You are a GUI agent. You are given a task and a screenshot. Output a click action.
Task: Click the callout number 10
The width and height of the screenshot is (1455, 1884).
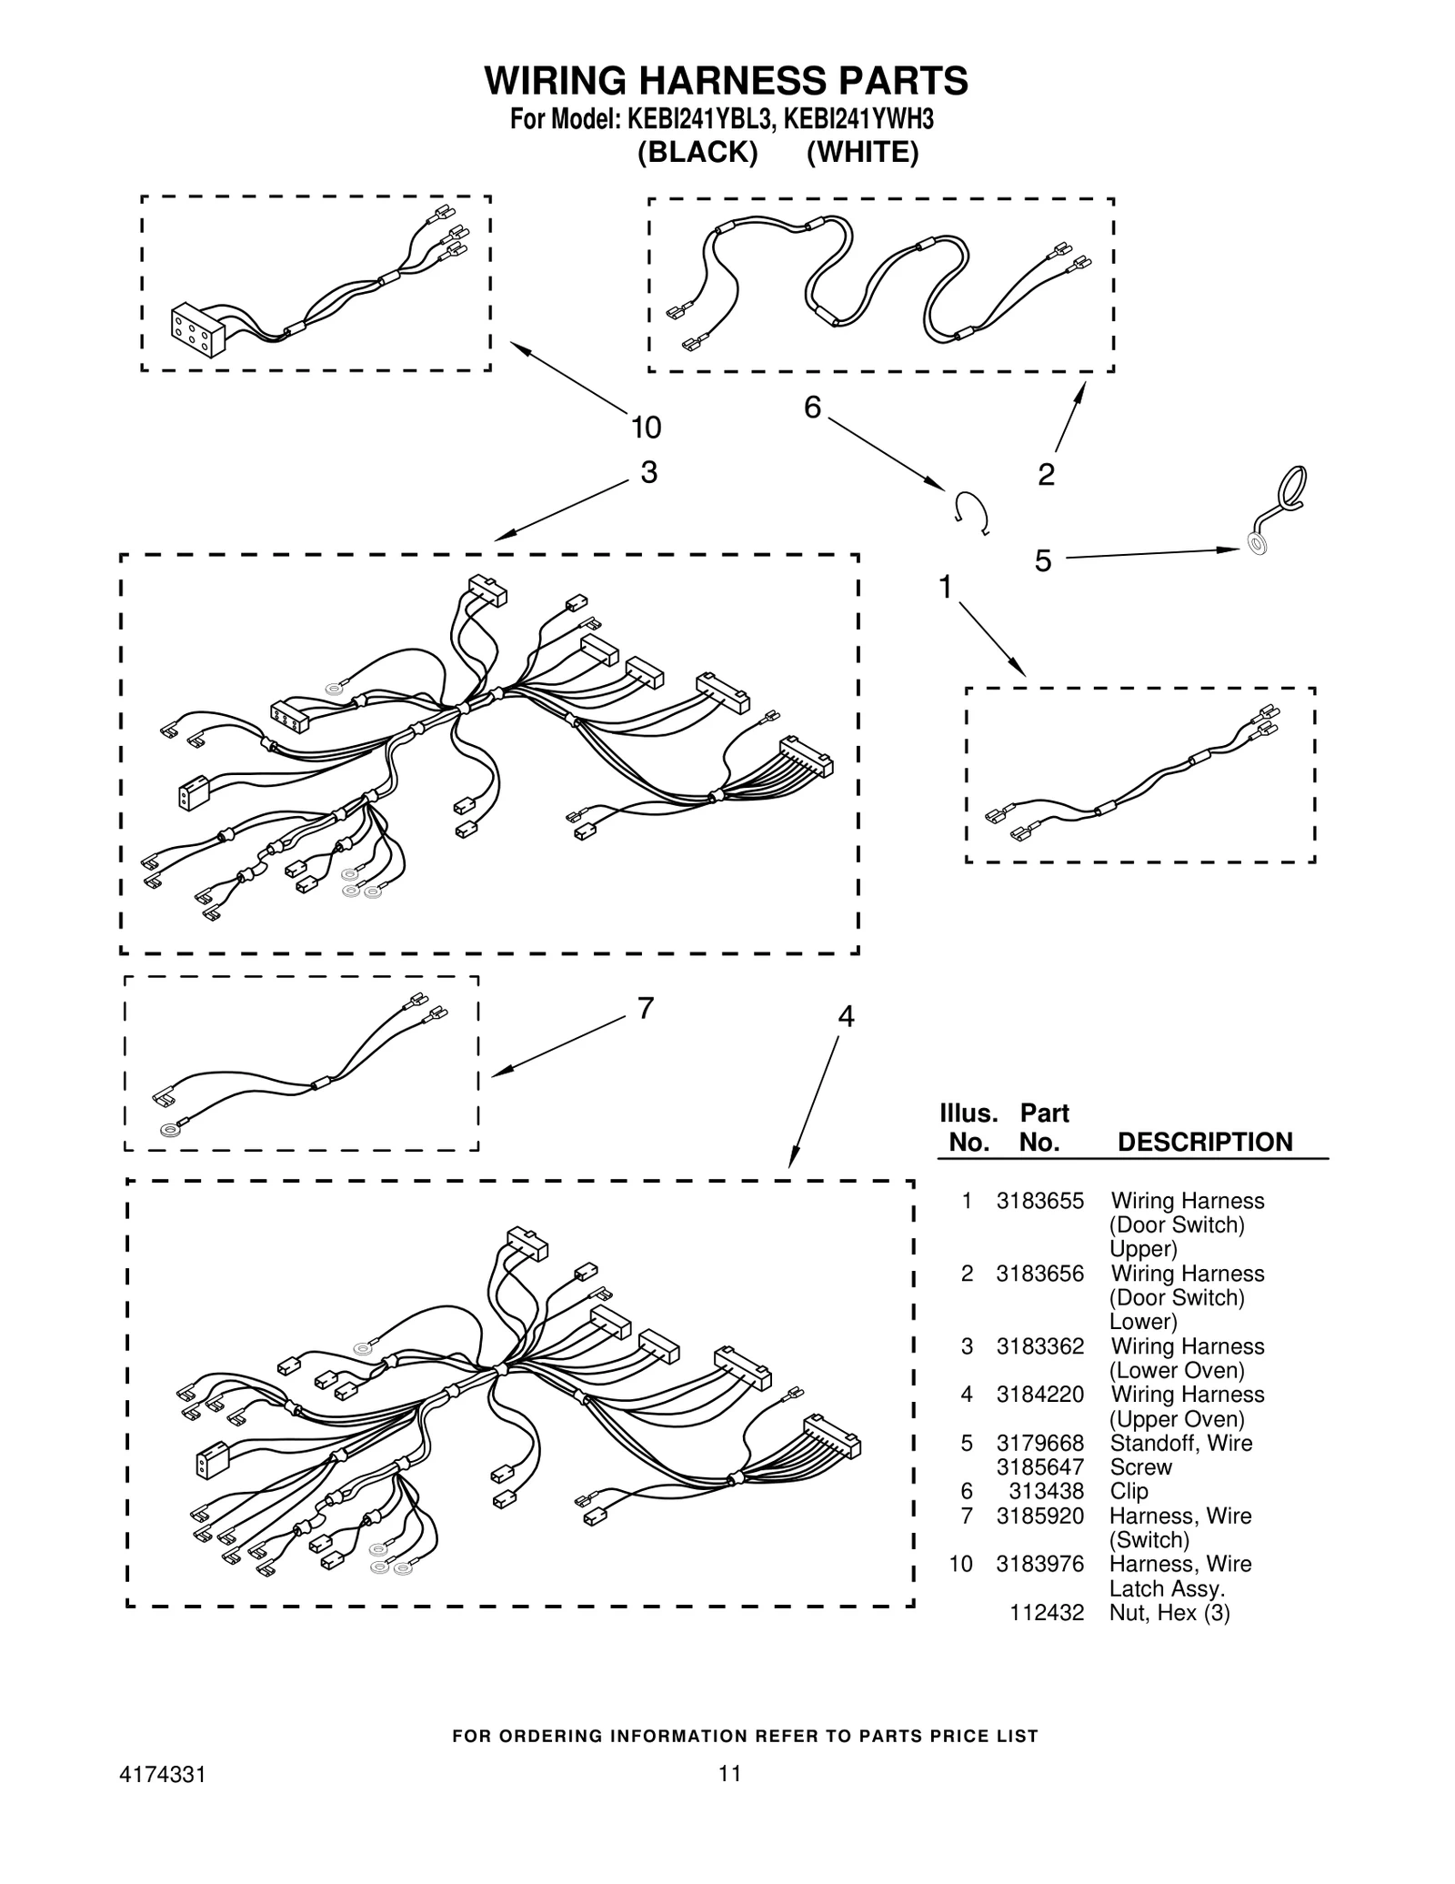[646, 427]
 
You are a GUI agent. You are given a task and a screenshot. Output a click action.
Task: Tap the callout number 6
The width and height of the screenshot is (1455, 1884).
[812, 407]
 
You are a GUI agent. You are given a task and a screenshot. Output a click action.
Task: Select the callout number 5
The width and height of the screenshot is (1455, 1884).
[1042, 561]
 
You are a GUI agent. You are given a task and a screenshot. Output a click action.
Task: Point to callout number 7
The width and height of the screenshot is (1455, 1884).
[646, 1008]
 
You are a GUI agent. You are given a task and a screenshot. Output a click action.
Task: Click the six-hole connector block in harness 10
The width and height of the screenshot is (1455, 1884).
[197, 330]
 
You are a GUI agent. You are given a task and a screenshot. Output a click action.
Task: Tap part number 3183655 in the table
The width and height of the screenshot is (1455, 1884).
[1039, 1201]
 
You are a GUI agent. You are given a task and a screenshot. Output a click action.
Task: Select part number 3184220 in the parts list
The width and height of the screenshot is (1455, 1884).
[1039, 1395]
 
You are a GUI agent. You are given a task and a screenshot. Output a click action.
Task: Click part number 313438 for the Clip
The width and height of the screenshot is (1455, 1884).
[1046, 1491]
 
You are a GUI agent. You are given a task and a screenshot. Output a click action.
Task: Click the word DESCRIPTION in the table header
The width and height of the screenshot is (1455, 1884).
[1204, 1142]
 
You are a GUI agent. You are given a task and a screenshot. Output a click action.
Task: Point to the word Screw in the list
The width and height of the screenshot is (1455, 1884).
[1140, 1466]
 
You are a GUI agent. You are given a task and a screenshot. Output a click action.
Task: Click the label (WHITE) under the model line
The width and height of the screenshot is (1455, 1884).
[862, 152]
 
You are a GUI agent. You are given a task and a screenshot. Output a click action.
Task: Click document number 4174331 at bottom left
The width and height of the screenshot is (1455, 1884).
[163, 1773]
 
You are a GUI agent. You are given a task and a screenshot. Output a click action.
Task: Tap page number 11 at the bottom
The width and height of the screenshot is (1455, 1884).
[729, 1773]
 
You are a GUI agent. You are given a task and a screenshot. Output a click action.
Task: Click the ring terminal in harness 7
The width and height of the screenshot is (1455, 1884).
[169, 1131]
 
